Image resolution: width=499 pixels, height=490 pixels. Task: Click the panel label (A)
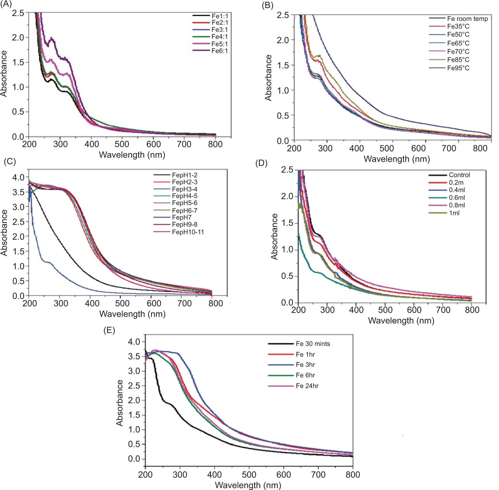coord(6,4)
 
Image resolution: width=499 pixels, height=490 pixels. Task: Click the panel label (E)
coord(109,330)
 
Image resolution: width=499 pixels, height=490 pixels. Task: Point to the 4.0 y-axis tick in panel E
coord(134,342)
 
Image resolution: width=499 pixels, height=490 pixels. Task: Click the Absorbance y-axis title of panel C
coord(4,232)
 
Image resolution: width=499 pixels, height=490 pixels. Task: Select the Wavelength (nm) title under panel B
coord(397,159)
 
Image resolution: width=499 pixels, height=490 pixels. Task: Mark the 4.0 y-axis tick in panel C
coord(18,177)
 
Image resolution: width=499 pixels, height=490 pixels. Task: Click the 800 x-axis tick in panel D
coord(472,310)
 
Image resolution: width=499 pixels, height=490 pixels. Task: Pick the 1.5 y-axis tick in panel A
coord(18,62)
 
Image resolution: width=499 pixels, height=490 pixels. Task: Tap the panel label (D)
coord(261,163)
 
